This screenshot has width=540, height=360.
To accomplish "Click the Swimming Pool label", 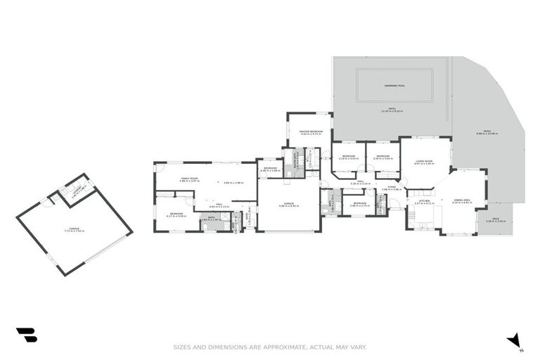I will click(x=394, y=86).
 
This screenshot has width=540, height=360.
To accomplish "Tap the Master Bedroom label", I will click(x=311, y=131).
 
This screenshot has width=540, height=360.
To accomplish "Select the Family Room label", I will click(x=189, y=179).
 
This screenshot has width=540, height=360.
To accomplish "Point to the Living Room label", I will click(x=424, y=161).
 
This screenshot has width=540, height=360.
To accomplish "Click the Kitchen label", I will click(x=424, y=201).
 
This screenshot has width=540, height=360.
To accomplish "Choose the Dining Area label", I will click(x=462, y=200).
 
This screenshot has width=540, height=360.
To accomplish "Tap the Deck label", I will click(x=496, y=220).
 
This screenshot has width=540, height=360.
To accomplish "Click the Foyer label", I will click(x=391, y=186).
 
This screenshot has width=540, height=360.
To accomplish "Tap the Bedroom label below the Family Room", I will click(x=176, y=213).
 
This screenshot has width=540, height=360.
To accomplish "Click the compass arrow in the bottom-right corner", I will click(x=514, y=340).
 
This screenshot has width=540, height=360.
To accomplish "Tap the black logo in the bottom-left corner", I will click(x=26, y=335).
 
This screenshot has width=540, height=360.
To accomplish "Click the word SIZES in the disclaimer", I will click(x=182, y=347).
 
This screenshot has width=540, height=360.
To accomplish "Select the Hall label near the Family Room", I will click(x=219, y=204).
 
